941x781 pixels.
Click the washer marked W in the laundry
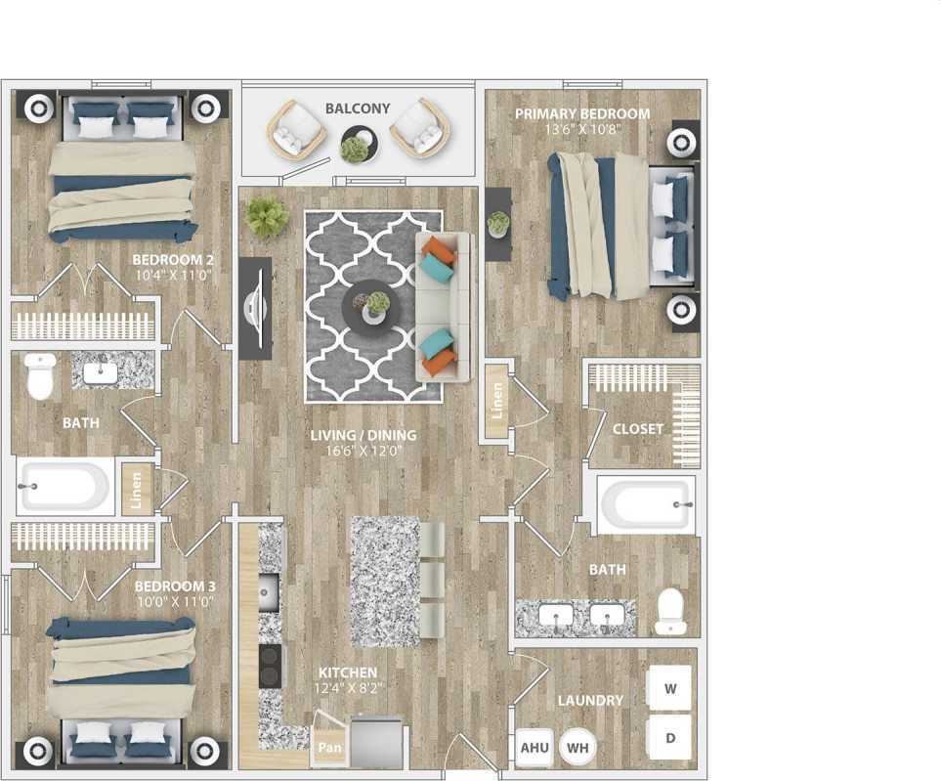tap(670, 687)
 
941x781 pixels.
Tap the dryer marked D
tap(670, 738)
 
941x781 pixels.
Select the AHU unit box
tap(534, 747)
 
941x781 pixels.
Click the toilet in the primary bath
tap(670, 611)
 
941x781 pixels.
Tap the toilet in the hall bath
tap(40, 376)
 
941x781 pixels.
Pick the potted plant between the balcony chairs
tap(356, 149)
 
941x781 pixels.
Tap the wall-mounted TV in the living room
tap(256, 308)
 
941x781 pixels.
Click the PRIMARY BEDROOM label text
tap(582, 114)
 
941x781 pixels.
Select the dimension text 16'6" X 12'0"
tap(364, 452)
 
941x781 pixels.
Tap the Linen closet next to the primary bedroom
tap(497, 399)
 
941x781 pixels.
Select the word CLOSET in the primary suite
tap(637, 429)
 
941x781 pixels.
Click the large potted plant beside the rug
tap(267, 216)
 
